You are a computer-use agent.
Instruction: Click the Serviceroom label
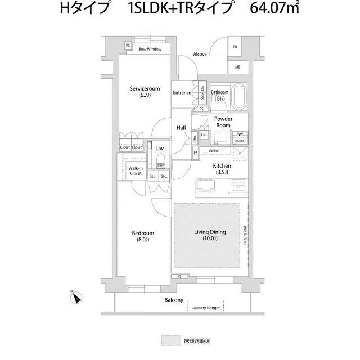click(x=145, y=89)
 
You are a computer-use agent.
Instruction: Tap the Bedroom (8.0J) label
click(x=143, y=233)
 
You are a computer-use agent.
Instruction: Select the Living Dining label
click(x=210, y=232)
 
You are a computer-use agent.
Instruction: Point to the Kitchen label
click(x=221, y=166)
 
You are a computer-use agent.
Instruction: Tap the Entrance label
click(x=182, y=93)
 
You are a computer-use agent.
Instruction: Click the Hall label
click(x=181, y=128)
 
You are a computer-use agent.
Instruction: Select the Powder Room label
click(x=224, y=123)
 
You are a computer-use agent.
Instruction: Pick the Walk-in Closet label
click(x=135, y=170)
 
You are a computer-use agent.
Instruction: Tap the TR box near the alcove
click(x=235, y=48)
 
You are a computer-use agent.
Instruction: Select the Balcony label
click(x=174, y=301)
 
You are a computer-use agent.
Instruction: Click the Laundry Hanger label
click(x=205, y=308)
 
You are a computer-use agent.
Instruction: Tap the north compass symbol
click(x=77, y=298)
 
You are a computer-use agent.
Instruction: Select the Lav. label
click(x=159, y=149)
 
